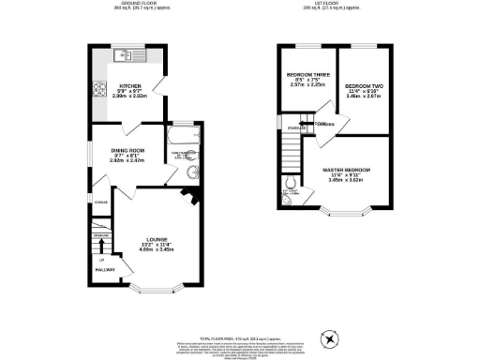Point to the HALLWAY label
pyautogui.click(x=104, y=270)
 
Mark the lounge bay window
pyautogui.click(x=153, y=285)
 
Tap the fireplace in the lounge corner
pyautogui.click(x=190, y=197)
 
